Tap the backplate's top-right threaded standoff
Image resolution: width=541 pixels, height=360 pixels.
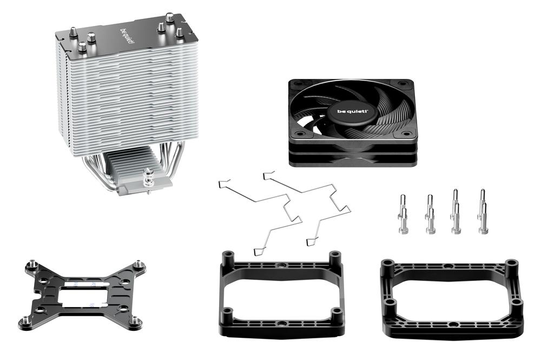pos(140,264)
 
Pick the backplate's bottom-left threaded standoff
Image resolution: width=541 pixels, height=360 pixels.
pos(24,322)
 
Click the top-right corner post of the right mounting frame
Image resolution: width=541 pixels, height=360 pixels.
pos(511,265)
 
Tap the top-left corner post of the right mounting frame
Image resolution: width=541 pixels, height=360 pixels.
pos(387,264)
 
